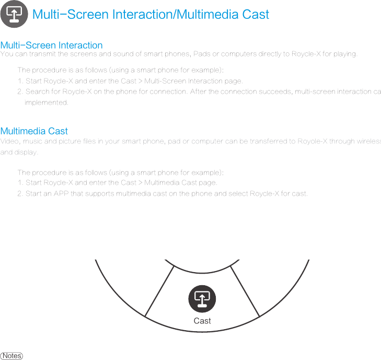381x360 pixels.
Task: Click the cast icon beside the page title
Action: click(x=14, y=14)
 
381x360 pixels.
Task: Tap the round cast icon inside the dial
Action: click(x=202, y=299)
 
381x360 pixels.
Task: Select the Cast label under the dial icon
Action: click(x=202, y=321)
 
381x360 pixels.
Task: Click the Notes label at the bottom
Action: click(x=11, y=356)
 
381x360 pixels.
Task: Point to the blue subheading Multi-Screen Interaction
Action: click(x=52, y=46)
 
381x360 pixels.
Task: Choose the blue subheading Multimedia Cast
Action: click(x=34, y=131)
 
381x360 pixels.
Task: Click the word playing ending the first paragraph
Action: click(x=345, y=54)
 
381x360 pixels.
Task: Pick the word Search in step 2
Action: click(x=37, y=92)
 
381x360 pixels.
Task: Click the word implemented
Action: click(x=47, y=103)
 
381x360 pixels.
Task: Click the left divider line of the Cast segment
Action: click(x=159, y=291)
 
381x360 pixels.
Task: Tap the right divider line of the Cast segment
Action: click(x=245, y=291)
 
